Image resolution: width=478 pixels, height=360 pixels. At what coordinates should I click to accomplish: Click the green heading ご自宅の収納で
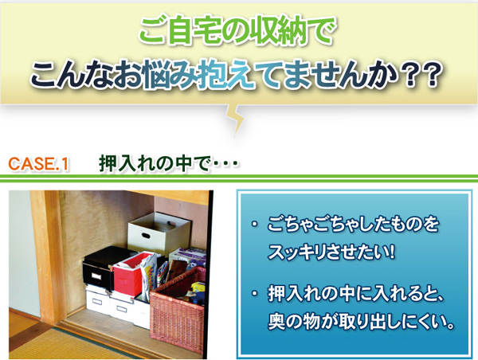(x=237, y=30)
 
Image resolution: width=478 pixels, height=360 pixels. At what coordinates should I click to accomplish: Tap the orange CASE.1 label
(x=39, y=164)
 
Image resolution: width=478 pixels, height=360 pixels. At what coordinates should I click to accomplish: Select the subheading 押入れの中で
(x=155, y=164)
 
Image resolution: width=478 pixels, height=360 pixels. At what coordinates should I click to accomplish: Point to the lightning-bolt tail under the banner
(x=235, y=119)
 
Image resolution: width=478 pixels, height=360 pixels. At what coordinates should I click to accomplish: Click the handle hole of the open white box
(x=145, y=235)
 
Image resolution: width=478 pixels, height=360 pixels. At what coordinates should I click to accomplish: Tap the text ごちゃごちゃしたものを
(x=353, y=225)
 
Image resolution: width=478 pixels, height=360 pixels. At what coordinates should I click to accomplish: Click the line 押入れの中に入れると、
(x=355, y=294)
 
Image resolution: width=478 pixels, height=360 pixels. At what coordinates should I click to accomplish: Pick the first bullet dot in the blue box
(x=253, y=225)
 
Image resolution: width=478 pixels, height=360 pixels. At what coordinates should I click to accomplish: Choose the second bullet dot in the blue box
(x=253, y=295)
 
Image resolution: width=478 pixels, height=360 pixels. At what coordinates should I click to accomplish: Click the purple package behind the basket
(x=188, y=256)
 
